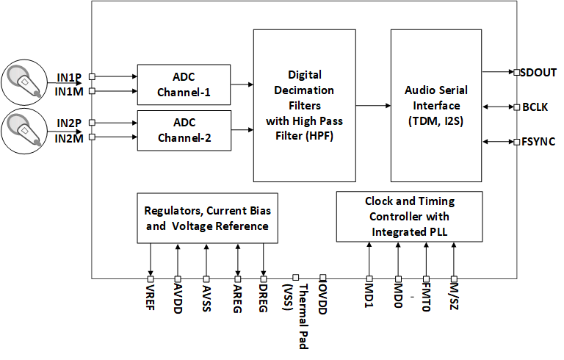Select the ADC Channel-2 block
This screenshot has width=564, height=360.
point(184,129)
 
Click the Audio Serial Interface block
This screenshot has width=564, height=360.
point(435,106)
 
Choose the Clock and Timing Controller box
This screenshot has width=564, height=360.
point(409,217)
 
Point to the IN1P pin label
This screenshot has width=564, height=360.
point(70,76)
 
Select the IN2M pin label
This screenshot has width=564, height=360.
point(70,137)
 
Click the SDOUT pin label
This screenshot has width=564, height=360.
point(539,72)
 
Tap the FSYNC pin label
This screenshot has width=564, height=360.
point(539,141)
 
